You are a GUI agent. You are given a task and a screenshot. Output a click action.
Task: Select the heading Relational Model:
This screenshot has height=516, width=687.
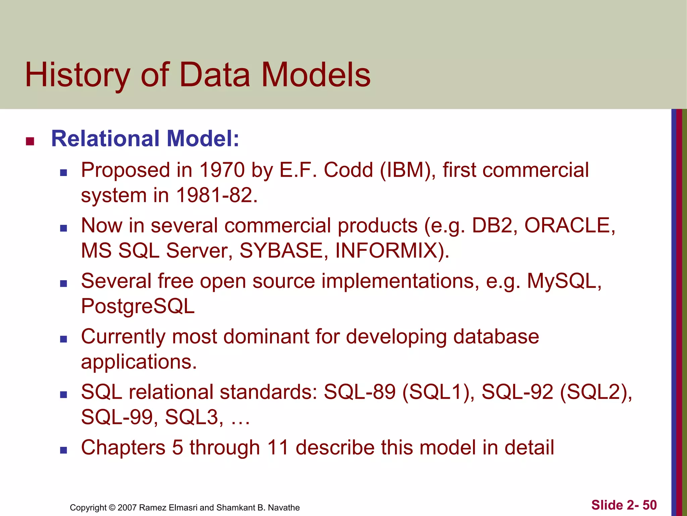tap(145, 139)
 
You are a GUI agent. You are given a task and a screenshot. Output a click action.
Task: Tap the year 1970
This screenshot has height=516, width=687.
tap(222, 170)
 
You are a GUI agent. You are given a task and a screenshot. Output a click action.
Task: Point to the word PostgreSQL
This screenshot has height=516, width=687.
tap(138, 306)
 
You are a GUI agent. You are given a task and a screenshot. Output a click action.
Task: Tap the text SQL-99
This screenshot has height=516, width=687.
tap(117, 418)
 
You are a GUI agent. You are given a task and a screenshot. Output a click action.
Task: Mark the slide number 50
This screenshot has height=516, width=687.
tap(649, 505)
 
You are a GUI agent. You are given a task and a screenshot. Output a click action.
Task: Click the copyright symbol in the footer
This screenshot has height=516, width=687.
tap(112, 508)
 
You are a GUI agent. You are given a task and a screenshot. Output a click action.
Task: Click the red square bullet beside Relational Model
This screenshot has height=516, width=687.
tap(30, 141)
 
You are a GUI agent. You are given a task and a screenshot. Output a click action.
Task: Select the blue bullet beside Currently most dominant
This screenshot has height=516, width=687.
tap(63, 339)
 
